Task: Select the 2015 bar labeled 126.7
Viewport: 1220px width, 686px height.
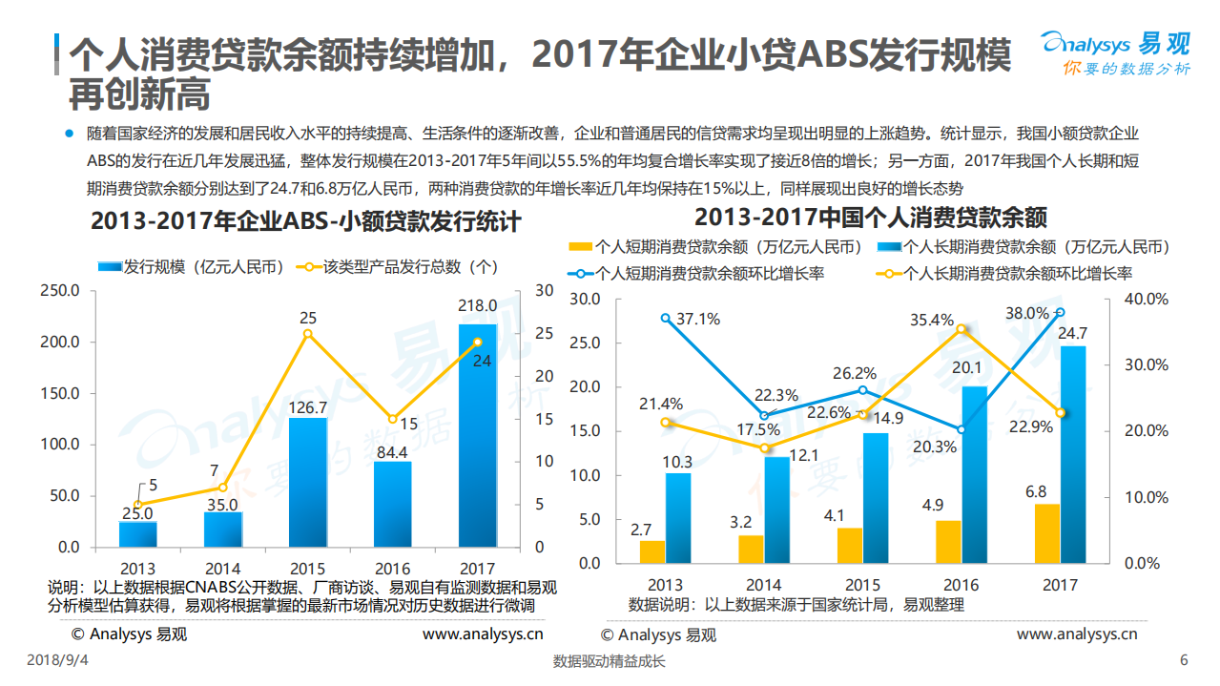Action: (x=307, y=482)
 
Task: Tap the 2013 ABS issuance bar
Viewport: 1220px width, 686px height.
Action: (x=138, y=534)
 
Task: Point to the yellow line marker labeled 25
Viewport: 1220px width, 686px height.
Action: (x=307, y=334)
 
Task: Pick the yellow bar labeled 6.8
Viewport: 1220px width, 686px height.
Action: (x=1047, y=533)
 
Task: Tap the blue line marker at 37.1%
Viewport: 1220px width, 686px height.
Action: (x=666, y=318)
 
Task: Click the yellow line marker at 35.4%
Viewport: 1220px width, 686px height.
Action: (x=962, y=329)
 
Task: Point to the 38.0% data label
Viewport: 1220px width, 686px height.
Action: (x=1026, y=312)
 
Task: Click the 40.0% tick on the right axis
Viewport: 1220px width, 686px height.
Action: (x=1146, y=299)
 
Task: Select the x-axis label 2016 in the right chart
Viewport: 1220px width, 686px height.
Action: (x=962, y=585)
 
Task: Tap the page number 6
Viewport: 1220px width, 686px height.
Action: (x=1184, y=661)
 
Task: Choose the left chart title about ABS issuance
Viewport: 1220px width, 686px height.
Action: (x=305, y=221)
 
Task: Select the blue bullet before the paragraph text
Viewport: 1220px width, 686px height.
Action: (x=69, y=133)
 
